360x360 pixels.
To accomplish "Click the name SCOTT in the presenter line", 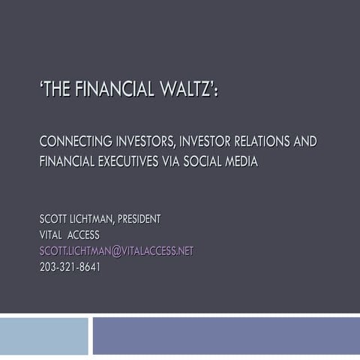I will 54,219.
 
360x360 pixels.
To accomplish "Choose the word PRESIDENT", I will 138,219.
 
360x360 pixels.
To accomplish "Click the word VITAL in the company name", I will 52,235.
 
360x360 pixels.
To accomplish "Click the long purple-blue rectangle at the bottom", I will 225,337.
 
